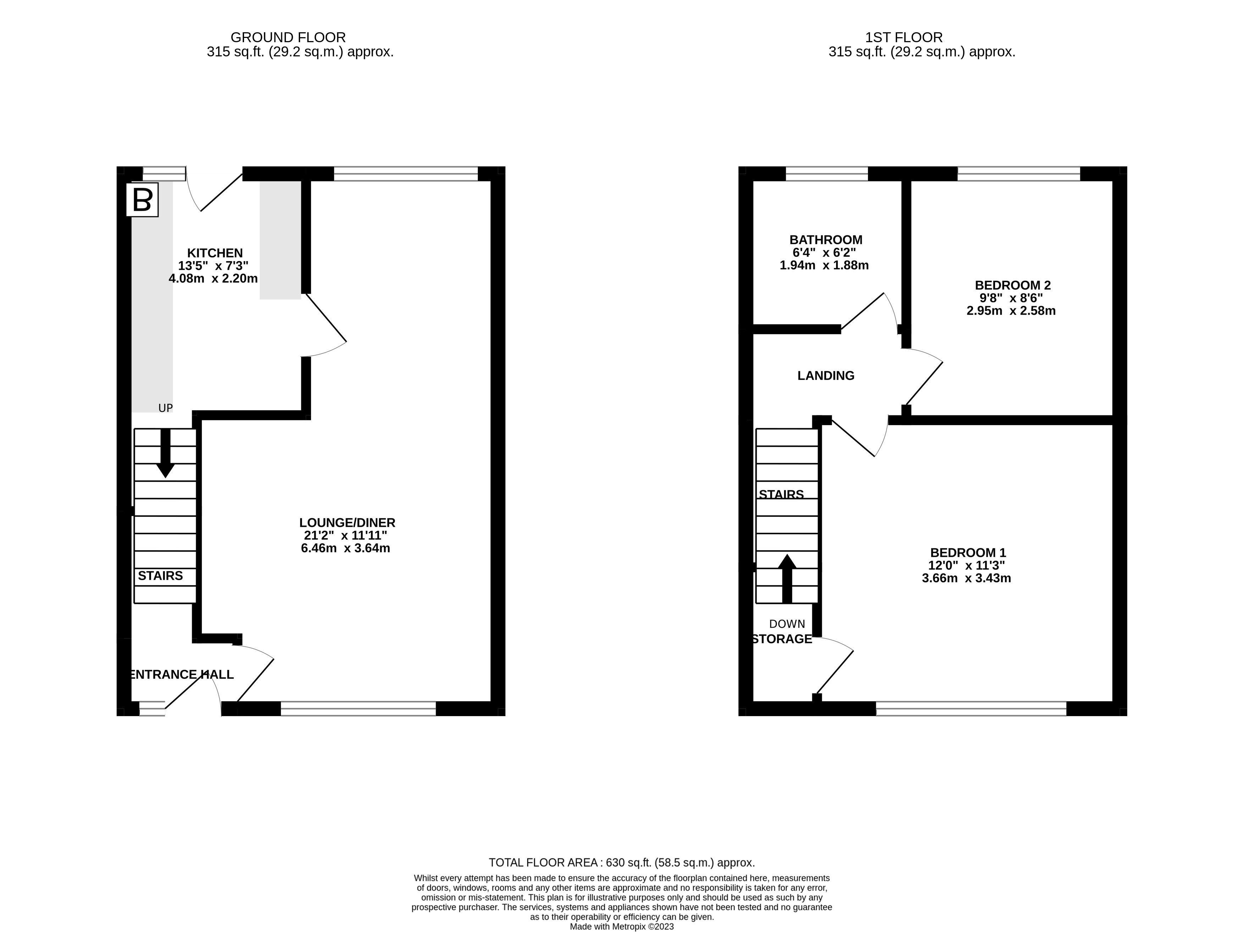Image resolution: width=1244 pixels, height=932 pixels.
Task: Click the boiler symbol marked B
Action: tap(142, 200)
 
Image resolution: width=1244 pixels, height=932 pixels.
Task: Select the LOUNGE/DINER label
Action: tap(347, 523)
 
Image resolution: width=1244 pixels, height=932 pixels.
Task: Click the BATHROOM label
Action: tap(825, 240)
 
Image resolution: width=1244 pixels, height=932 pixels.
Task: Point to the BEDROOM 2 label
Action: tap(1012, 285)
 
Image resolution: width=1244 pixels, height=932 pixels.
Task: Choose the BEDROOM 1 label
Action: tap(967, 553)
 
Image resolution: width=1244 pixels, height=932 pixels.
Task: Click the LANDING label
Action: tap(825, 375)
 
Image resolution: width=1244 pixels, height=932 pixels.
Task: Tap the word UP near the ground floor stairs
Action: tap(165, 408)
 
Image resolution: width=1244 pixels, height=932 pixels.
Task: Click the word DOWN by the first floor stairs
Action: tap(787, 624)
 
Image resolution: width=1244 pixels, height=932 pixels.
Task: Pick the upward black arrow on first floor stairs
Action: tap(787, 579)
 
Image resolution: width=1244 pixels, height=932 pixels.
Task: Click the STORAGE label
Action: tap(782, 639)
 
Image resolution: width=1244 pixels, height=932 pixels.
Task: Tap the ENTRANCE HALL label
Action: tap(181, 675)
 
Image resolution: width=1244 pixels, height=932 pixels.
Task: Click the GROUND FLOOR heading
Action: tap(288, 38)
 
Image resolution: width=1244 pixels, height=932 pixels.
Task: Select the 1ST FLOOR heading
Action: tap(904, 38)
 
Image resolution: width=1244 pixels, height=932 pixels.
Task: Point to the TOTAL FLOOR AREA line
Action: tap(621, 862)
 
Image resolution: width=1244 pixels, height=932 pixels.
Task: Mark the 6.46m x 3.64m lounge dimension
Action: tap(345, 548)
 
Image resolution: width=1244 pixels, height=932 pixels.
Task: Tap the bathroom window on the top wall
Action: tap(827, 174)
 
